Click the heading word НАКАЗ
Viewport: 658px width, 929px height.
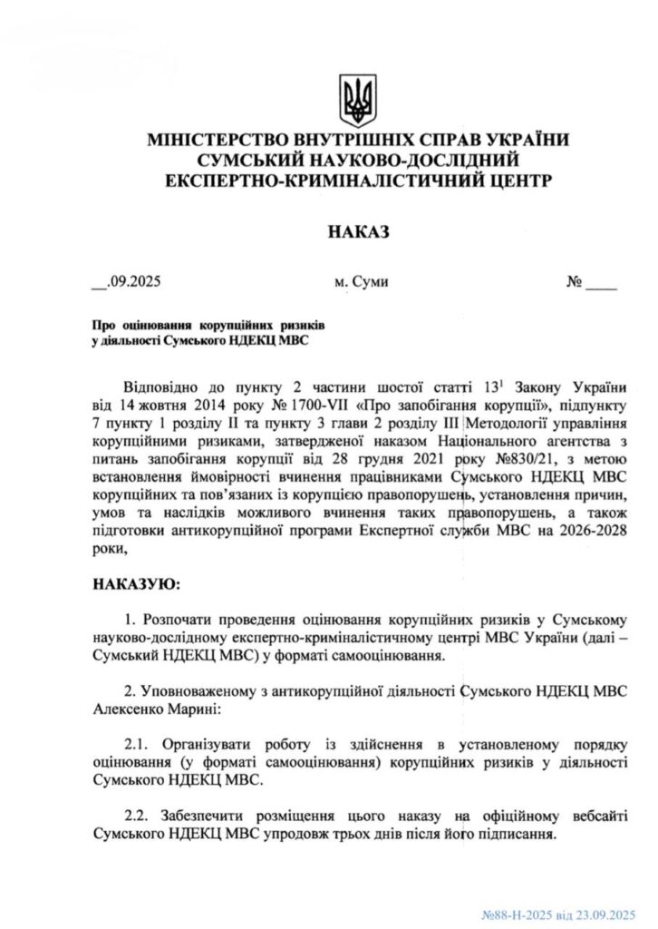click(358, 232)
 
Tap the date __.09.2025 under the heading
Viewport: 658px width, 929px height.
click(127, 282)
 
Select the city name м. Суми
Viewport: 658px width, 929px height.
click(362, 282)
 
